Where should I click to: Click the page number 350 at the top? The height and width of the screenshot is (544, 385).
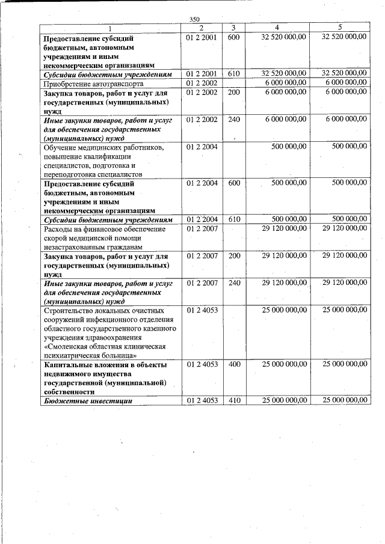[x=194, y=20]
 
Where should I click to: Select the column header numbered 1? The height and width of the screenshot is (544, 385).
[x=110, y=28]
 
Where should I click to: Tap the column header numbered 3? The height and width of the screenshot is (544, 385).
[x=233, y=28]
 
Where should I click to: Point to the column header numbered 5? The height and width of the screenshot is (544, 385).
[x=339, y=28]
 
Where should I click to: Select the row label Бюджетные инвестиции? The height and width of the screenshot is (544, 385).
[x=88, y=400]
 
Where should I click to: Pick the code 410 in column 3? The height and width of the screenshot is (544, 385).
[x=234, y=400]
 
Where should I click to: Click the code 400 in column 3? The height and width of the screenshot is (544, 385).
[x=234, y=365]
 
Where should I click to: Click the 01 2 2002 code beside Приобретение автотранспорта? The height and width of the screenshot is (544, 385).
[x=202, y=83]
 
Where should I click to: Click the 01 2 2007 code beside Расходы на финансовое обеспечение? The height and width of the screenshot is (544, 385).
[x=202, y=228]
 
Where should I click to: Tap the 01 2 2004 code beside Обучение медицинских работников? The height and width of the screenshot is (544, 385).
[x=202, y=147]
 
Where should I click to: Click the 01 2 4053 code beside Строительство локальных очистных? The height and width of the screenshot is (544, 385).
[x=202, y=310]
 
